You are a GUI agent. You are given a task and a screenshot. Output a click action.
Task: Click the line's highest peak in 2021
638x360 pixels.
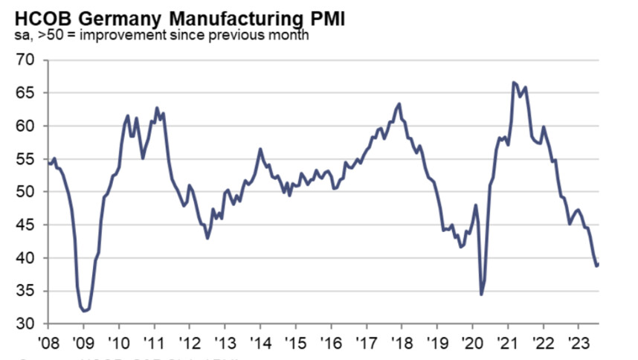click(x=514, y=82)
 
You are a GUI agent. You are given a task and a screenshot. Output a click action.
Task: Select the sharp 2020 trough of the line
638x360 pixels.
click(x=482, y=295)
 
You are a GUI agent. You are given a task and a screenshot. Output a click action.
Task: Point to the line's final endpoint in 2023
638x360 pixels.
click(x=599, y=264)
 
